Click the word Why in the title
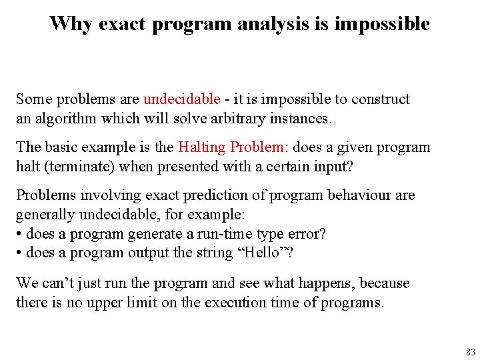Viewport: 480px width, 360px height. point(71,24)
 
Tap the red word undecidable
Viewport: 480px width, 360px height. point(181,99)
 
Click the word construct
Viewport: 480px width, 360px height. point(381,99)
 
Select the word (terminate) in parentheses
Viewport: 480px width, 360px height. point(75,166)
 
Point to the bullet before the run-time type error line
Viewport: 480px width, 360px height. point(19,234)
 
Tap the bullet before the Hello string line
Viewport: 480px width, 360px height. point(19,253)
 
